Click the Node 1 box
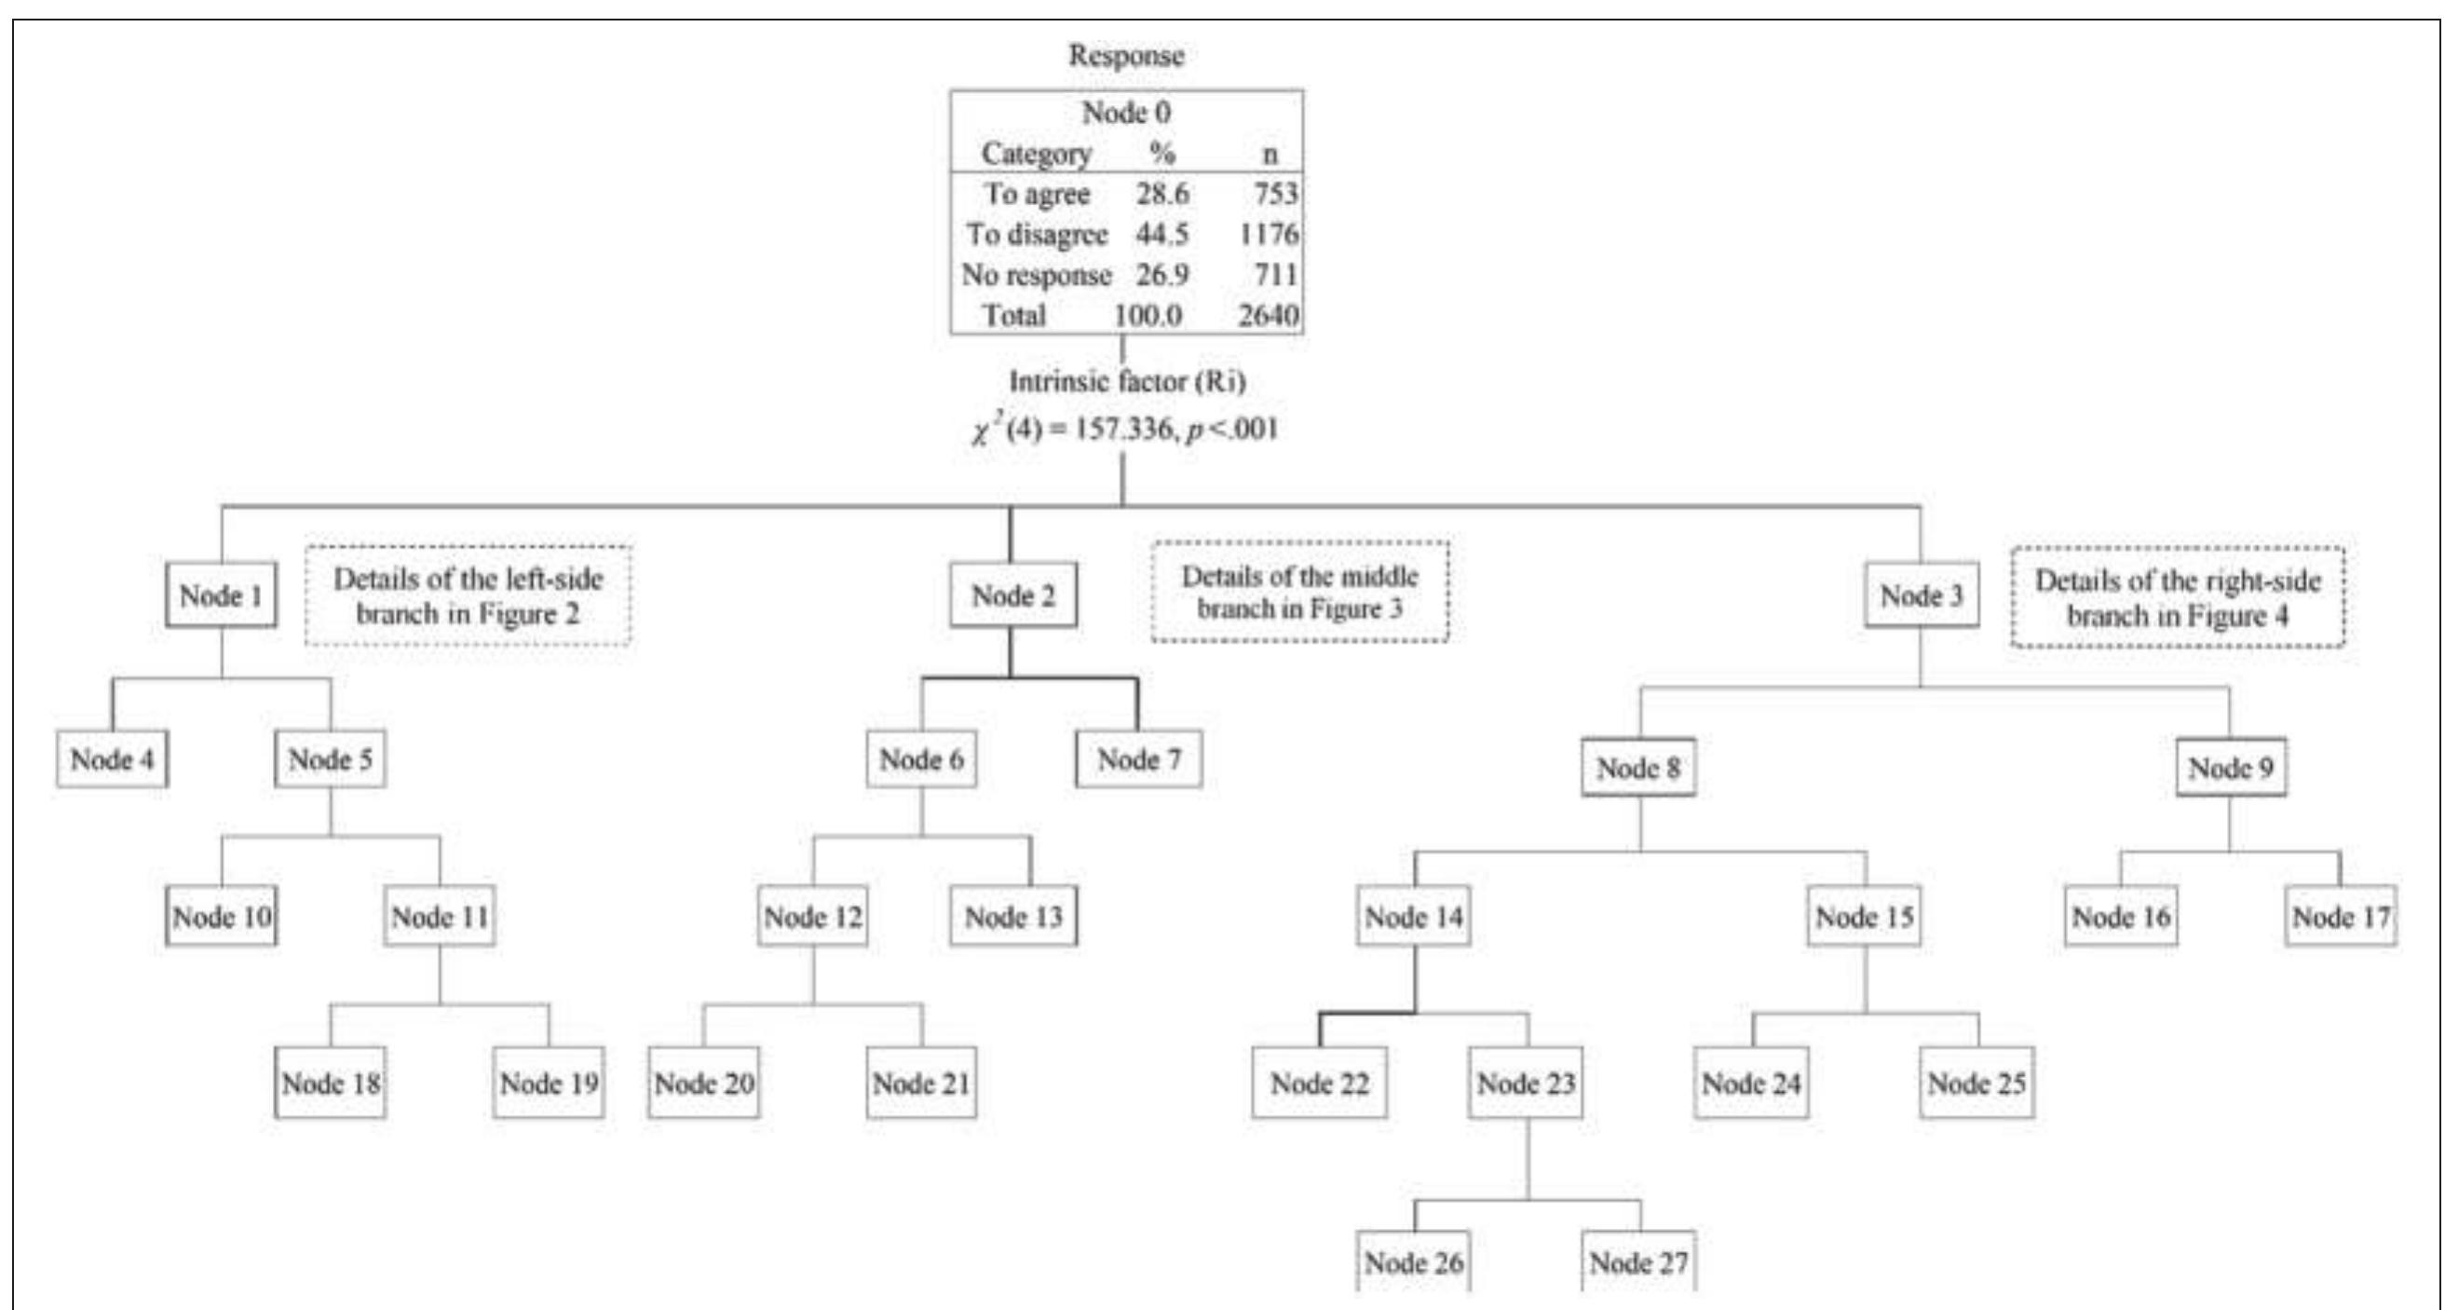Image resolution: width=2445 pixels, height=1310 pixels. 221,596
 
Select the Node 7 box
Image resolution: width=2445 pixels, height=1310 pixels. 1139,759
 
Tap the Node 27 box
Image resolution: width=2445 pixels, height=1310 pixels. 1639,1262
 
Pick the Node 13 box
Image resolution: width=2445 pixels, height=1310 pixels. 1013,917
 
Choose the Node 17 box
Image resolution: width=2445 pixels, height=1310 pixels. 2341,917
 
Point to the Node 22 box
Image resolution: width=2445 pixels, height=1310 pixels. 1319,1083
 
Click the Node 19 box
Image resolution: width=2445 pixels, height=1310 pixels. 549,1083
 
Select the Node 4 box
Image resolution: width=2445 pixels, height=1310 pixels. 112,759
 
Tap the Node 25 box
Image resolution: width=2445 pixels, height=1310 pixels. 1977,1083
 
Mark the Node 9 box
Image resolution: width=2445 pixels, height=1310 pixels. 2231,768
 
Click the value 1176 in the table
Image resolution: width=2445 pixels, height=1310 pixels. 1268,235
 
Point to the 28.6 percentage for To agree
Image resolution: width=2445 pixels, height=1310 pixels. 1162,194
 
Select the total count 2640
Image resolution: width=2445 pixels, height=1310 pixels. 1268,315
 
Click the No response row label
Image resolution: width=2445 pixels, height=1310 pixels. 1037,275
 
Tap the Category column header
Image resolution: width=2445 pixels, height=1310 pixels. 1037,153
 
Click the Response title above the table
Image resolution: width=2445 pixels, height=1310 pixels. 1127,55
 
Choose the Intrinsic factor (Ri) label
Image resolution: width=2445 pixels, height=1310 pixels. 1127,382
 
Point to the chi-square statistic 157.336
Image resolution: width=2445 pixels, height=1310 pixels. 1124,430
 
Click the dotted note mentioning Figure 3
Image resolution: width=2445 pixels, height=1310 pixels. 1300,593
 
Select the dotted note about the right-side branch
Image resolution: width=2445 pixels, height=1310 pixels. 2178,598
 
